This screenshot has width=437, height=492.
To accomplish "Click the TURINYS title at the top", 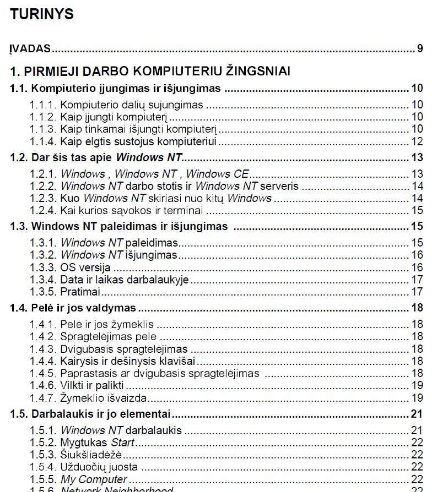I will (x=41, y=14).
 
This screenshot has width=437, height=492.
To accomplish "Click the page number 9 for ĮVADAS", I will (x=420, y=48).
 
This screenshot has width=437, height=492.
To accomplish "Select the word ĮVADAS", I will (x=30, y=48).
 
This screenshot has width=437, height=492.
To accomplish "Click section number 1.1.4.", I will (x=43, y=141).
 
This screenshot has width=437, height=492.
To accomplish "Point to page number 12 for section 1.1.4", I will (x=417, y=141).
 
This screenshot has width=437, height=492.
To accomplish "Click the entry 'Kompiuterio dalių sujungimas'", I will (x=131, y=105).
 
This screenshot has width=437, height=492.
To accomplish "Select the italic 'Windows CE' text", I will (x=218, y=174).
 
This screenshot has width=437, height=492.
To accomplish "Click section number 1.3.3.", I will (x=43, y=267).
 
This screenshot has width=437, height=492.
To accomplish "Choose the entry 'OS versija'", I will (x=85, y=267).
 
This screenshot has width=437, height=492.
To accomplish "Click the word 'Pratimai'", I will (x=80, y=292).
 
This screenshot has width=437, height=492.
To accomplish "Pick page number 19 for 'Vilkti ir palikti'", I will (x=417, y=385).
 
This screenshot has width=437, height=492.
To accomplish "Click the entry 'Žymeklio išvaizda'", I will (x=103, y=397).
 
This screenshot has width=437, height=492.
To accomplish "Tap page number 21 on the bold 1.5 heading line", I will (x=417, y=413).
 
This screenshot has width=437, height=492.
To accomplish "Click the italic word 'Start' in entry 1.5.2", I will (x=123, y=442).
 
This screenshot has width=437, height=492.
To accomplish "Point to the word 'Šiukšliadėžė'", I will (x=90, y=454).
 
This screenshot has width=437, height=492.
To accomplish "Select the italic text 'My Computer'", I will (x=94, y=479).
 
